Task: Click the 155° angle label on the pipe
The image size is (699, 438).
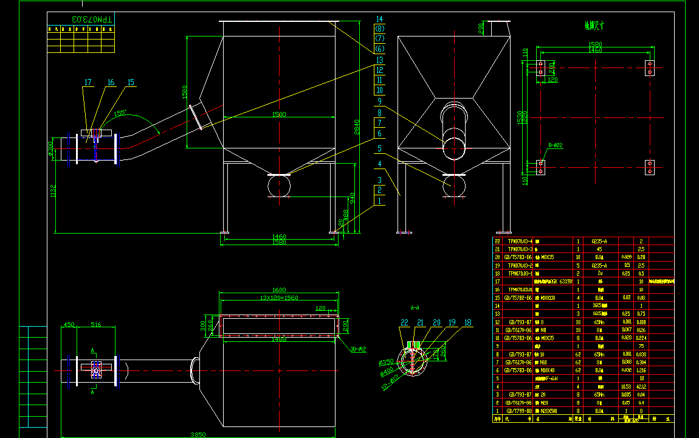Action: click(x=120, y=113)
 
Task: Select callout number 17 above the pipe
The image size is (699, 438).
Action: click(x=88, y=83)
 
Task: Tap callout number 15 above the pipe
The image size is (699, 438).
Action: click(x=131, y=83)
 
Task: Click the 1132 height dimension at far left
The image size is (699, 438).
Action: click(x=53, y=191)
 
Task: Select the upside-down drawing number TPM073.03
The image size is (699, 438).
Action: click(x=92, y=19)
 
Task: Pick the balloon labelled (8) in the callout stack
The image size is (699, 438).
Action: click(x=380, y=29)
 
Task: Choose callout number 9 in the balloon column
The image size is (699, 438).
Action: click(x=379, y=102)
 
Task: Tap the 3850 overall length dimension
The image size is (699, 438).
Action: click(x=198, y=434)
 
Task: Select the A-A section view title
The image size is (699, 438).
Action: click(x=416, y=308)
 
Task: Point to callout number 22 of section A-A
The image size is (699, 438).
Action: click(x=404, y=323)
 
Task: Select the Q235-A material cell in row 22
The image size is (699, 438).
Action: click(x=599, y=241)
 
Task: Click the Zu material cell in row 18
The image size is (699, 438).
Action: click(x=599, y=274)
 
